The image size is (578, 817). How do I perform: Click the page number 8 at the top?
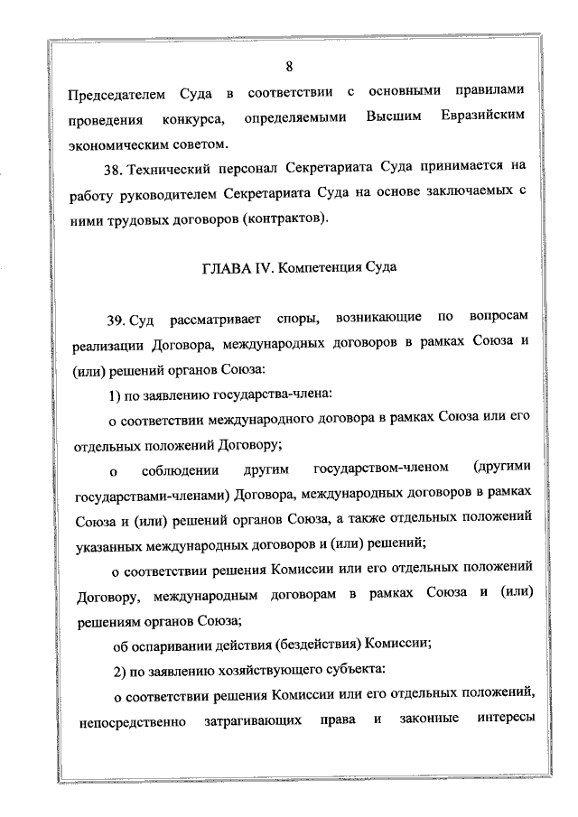pyautogui.click(x=289, y=65)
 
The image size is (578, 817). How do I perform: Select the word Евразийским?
pyautogui.click(x=483, y=118)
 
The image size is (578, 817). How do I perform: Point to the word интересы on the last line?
pyautogui.click(x=496, y=720)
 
